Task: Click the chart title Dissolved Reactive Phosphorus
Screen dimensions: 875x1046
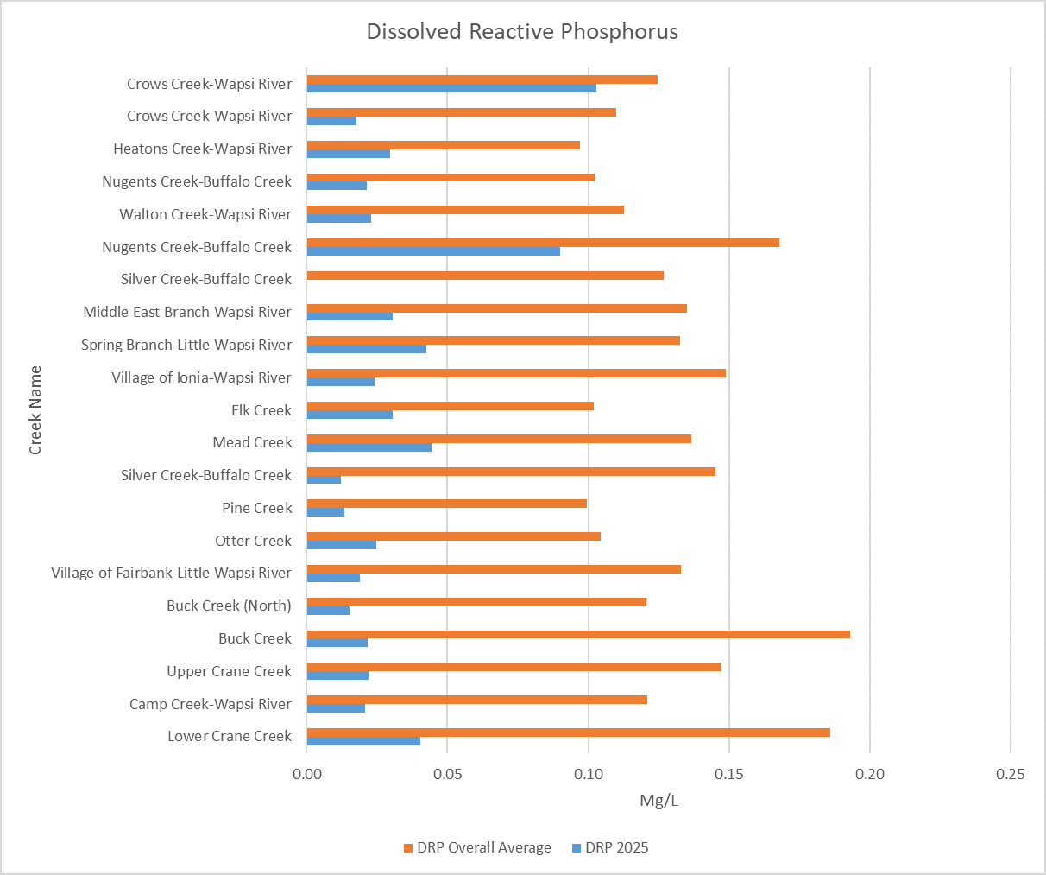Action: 522,32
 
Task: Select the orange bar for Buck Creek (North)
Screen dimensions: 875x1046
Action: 476,602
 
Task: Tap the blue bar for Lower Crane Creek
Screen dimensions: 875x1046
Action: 363,741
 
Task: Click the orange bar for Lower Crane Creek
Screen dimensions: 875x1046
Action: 568,732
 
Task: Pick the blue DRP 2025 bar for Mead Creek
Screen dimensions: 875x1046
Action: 369,447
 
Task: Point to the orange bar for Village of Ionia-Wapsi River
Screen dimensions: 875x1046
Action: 516,373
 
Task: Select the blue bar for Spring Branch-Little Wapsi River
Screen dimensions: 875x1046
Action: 367,349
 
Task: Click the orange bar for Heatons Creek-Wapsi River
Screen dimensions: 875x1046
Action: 444,145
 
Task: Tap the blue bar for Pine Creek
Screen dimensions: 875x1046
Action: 325,512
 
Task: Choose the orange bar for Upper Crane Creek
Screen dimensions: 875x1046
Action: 514,667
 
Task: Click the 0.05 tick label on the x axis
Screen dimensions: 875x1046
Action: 448,774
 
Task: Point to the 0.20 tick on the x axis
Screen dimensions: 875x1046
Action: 870,774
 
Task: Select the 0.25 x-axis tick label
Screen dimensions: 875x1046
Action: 1011,774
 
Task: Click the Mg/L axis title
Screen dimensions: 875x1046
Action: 658,801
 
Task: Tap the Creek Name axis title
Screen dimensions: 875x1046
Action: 35,410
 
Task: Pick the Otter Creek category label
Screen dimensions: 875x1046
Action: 253,541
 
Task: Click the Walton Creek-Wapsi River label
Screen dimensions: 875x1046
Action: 205,214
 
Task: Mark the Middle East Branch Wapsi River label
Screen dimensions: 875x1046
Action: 187,312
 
